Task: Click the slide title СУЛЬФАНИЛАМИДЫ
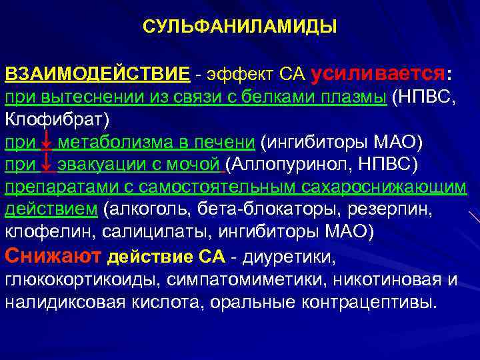pos(240,27)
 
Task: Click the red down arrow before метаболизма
pos(46,143)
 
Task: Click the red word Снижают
pos(53,255)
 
